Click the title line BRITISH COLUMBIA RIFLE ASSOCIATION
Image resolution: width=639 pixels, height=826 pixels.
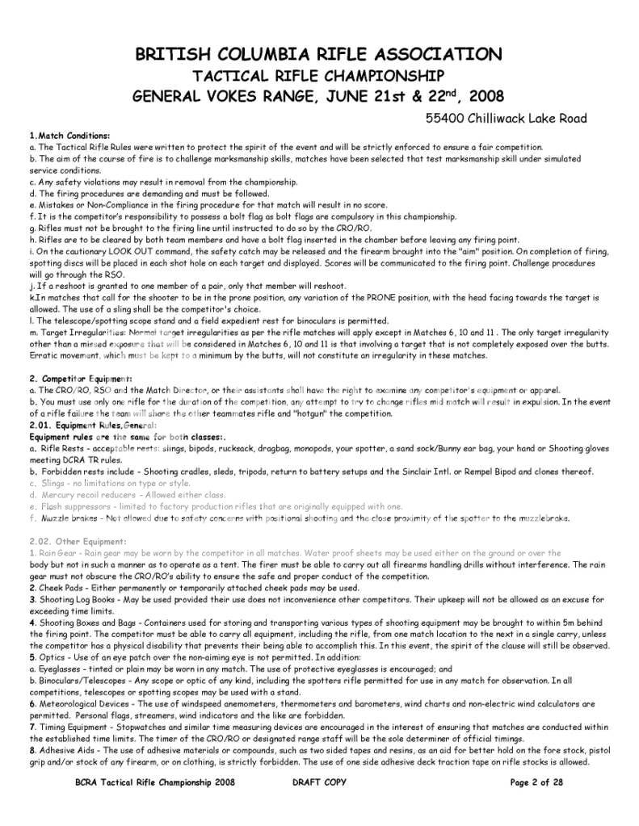point(318,55)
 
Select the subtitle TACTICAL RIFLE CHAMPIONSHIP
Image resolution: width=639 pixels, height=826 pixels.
point(318,76)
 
